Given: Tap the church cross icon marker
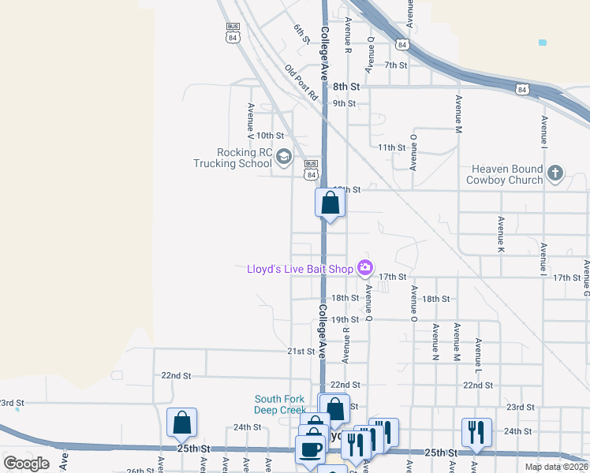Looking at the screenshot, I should point(555,173).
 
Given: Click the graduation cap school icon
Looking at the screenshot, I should point(282,158).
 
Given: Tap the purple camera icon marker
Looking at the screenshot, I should point(364,268).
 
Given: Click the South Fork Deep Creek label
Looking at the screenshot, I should point(279,404).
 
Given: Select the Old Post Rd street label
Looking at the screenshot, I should point(301,83).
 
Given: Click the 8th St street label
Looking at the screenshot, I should point(345,86).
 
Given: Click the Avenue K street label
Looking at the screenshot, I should point(501,234).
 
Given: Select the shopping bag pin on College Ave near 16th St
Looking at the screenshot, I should point(330,203).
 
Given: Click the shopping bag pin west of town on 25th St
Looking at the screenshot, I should point(182,423).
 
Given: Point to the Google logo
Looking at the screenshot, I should point(26,463).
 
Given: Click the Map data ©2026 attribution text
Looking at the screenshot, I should point(556,466).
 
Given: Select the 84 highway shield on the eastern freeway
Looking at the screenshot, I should point(522,91).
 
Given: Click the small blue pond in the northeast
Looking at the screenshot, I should point(541,42).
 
